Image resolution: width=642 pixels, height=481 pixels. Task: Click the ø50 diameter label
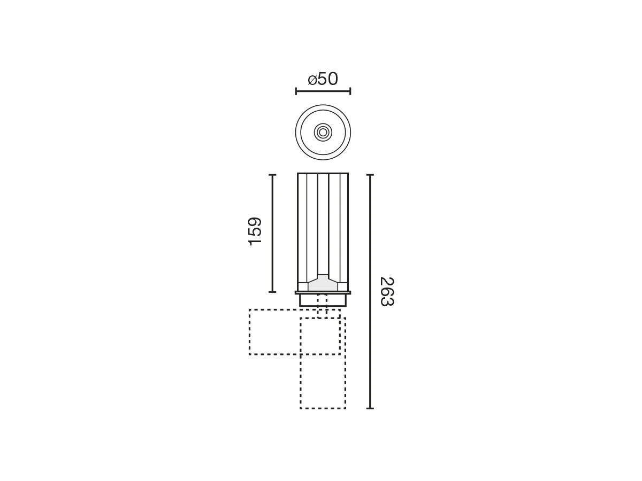(323, 79)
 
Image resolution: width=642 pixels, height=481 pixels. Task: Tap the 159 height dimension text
(255, 231)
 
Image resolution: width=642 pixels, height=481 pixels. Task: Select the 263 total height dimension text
(387, 291)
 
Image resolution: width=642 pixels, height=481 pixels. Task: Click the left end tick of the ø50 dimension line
(296, 91)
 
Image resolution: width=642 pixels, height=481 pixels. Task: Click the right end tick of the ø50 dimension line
(350, 91)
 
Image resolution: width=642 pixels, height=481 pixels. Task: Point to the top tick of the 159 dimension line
(272, 175)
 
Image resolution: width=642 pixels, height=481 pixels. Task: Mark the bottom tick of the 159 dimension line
(272, 292)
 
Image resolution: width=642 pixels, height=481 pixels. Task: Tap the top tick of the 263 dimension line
(370, 175)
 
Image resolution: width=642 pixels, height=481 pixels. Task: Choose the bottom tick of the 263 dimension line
(370, 408)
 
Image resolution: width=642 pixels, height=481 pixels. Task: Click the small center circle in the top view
(323, 133)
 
